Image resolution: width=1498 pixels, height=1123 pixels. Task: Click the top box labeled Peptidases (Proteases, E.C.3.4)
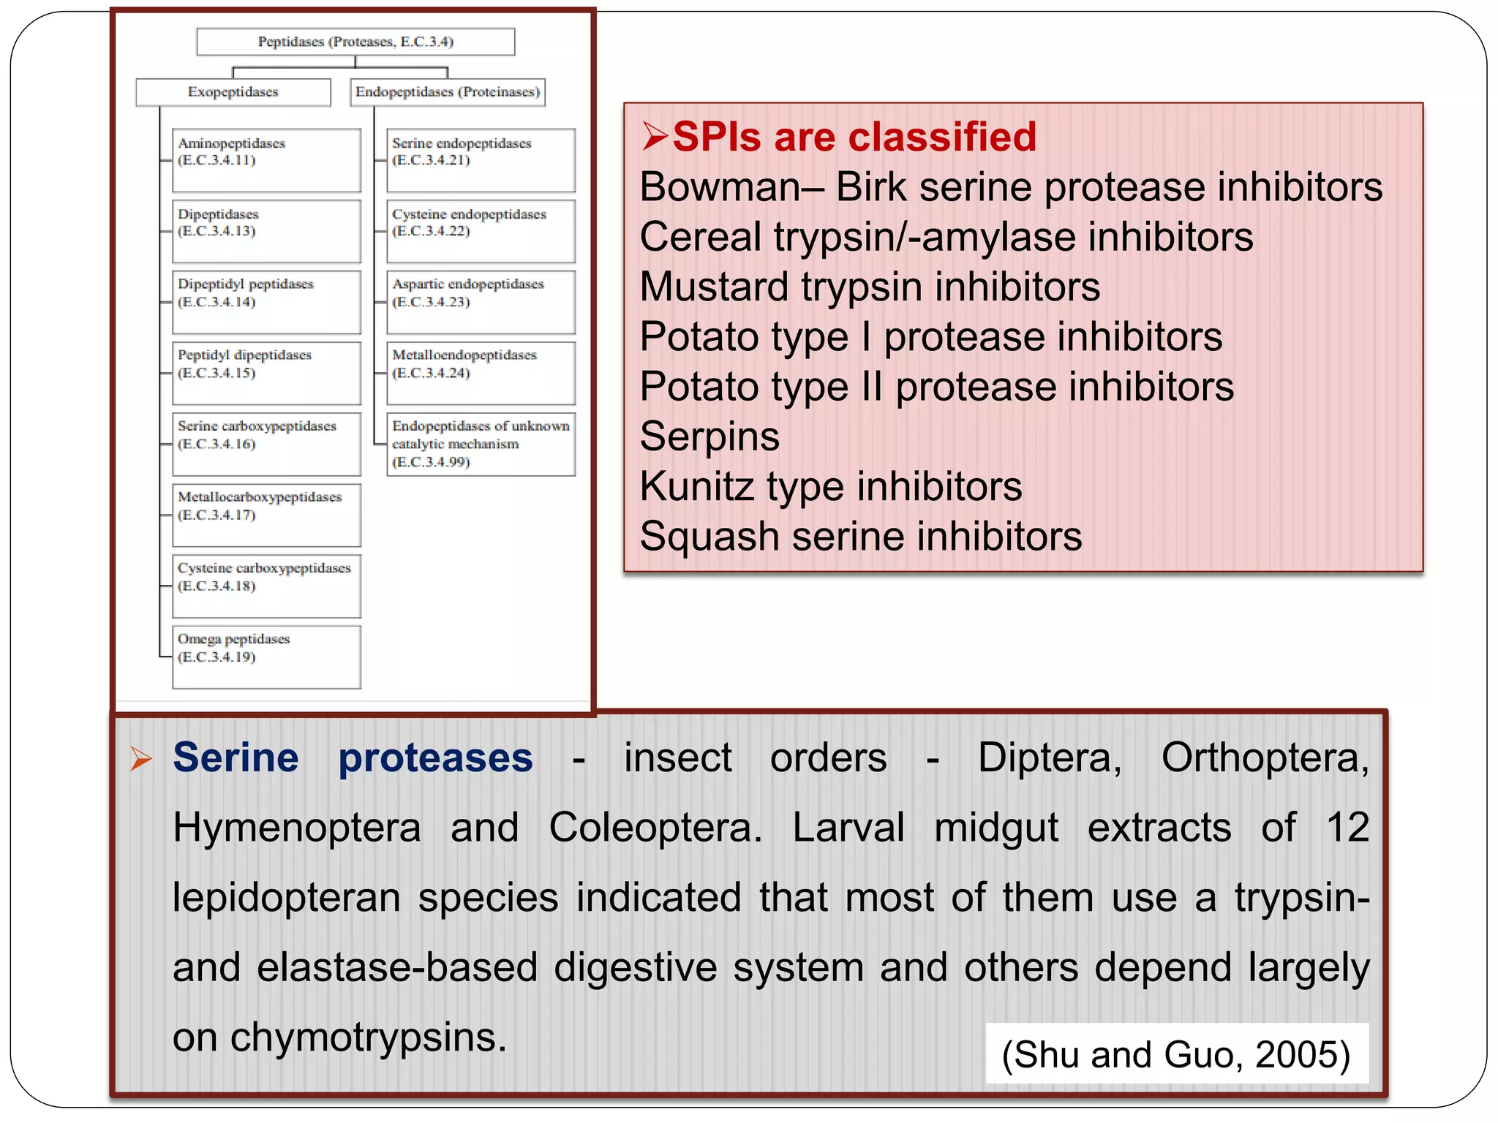pyautogui.click(x=355, y=42)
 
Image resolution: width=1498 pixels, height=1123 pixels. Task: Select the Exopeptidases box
pyautogui.click(x=233, y=92)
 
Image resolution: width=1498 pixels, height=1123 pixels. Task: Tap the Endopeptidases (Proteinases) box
pyautogui.click(x=448, y=92)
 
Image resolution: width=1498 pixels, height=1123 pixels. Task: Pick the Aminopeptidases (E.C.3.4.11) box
pyautogui.click(x=266, y=160)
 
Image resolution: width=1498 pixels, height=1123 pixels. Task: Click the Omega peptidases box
pyautogui.click(x=266, y=657)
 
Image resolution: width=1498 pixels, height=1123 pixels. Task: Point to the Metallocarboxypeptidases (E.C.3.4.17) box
pyautogui.click(x=266, y=515)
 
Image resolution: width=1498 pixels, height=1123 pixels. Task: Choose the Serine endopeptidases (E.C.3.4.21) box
pyautogui.click(x=481, y=160)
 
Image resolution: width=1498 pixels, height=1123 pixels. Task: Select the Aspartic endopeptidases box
pyautogui.click(x=481, y=302)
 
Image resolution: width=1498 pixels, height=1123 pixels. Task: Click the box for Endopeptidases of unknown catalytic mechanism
pyautogui.click(x=481, y=444)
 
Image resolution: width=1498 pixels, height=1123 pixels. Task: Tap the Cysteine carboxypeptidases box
pyautogui.click(x=266, y=586)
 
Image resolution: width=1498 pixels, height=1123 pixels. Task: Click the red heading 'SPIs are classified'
pyautogui.click(x=854, y=137)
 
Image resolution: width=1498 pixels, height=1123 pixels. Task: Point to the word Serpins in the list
pyautogui.click(x=710, y=436)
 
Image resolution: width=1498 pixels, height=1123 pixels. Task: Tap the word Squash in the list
pyautogui.click(x=710, y=537)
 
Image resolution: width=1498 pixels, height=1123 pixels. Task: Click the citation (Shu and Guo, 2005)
pyautogui.click(x=1176, y=1054)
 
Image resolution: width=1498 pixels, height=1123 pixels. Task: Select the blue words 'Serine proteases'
pyautogui.click(x=353, y=757)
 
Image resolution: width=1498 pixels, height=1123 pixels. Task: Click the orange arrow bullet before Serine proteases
pyautogui.click(x=141, y=759)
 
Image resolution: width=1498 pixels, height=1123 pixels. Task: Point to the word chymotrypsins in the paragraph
pyautogui.click(x=368, y=1037)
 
